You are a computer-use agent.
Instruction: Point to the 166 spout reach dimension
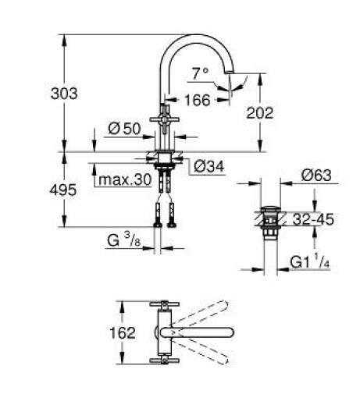pos(198,100)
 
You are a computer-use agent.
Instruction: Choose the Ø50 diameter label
pos(125,129)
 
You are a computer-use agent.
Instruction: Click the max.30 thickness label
pos(123,181)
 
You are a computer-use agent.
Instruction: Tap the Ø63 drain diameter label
pos(316,176)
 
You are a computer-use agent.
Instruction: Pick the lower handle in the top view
pos(165,359)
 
